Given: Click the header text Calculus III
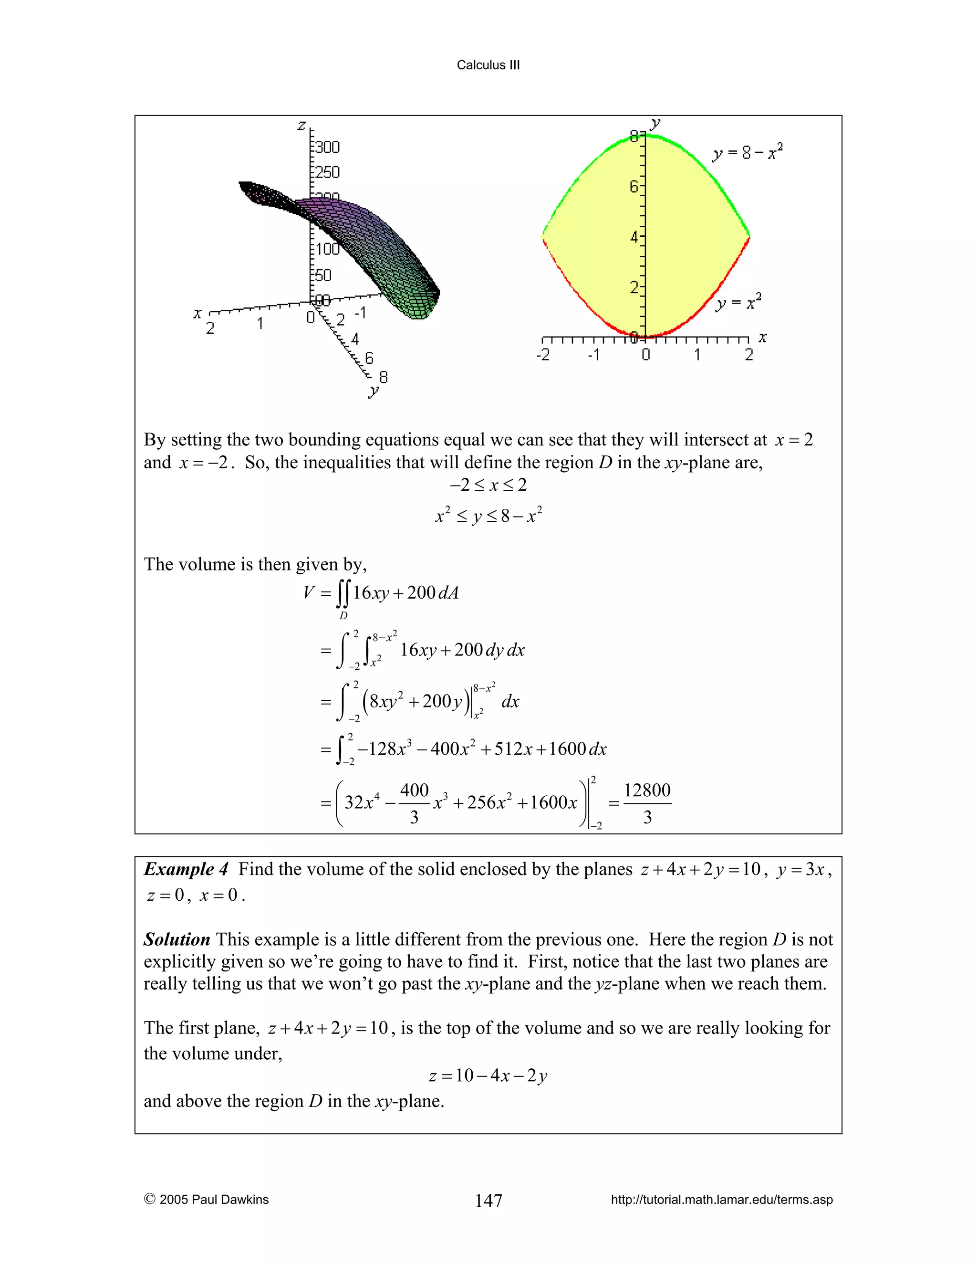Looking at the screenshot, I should (x=488, y=65).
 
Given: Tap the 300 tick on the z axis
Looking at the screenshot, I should (x=327, y=147).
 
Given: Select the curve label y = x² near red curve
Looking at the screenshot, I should (x=738, y=302).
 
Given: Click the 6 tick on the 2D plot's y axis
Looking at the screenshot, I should (x=635, y=187).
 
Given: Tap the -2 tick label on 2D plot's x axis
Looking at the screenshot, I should (x=543, y=355).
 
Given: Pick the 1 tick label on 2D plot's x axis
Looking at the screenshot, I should (x=697, y=355).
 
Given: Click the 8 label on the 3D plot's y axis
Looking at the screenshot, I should (x=383, y=377).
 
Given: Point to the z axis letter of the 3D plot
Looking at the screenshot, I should (x=301, y=125).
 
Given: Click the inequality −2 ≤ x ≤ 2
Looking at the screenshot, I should (x=488, y=485).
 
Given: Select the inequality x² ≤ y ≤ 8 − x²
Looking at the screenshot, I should (x=488, y=515).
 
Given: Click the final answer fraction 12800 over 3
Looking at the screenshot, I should (x=647, y=803).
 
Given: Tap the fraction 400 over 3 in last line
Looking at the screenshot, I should (x=415, y=803).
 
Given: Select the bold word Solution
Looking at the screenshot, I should (x=177, y=939).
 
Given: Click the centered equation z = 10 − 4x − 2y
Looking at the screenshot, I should (x=488, y=1075).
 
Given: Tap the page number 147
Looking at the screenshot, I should (x=488, y=1200).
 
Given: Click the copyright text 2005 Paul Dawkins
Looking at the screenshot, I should (x=207, y=1200).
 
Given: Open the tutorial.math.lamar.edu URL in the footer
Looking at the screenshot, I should (x=721, y=1200).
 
